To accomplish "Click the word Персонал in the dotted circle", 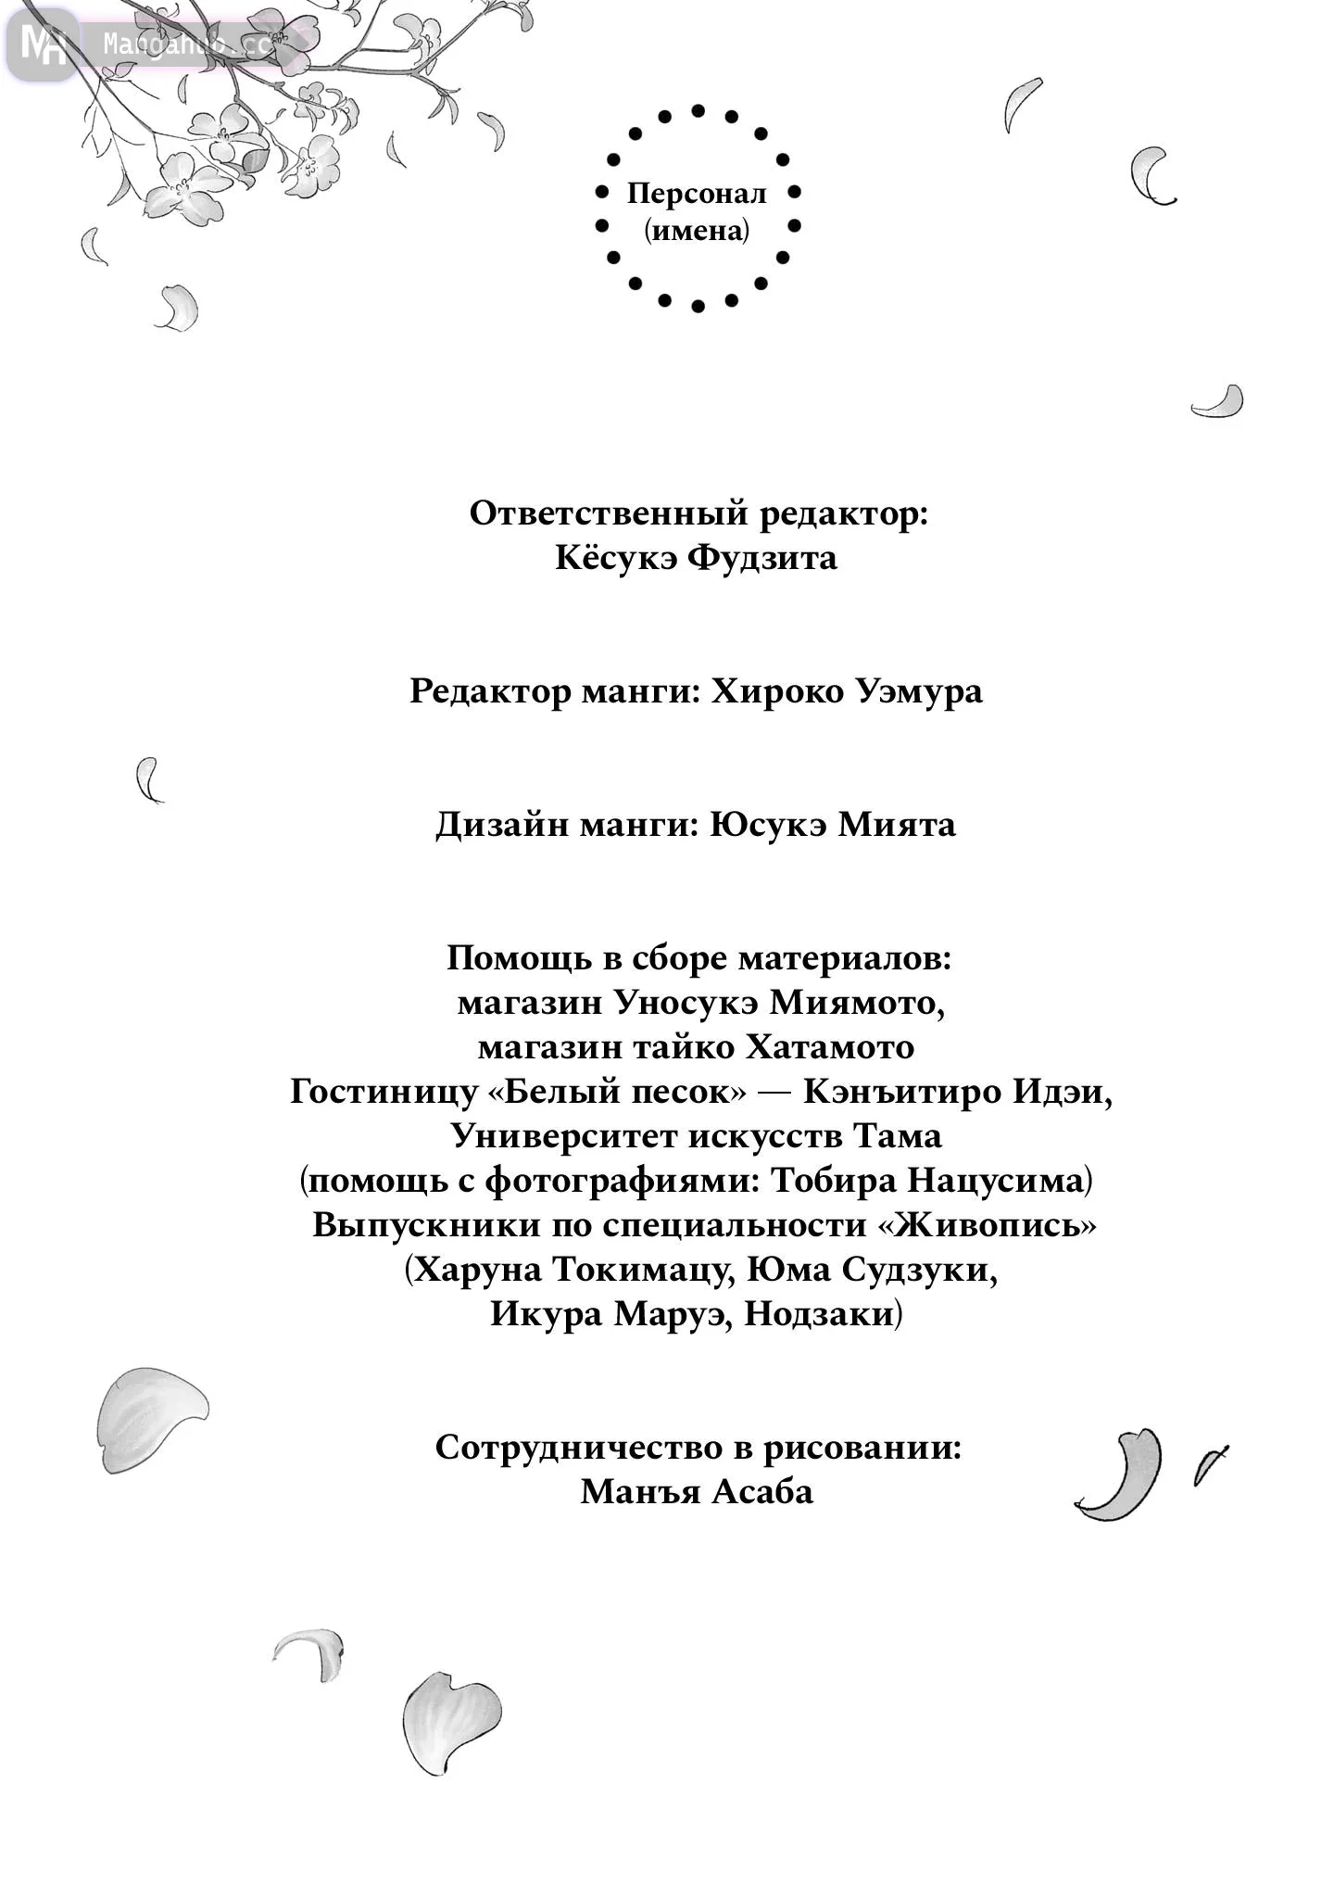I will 697,194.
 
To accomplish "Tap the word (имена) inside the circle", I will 697,230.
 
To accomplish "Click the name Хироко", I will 773,691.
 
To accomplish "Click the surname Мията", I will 897,825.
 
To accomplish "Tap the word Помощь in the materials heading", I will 520,958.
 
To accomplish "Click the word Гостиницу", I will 384,1092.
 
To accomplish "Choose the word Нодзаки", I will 820,1314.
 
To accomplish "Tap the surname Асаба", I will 763,1492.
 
